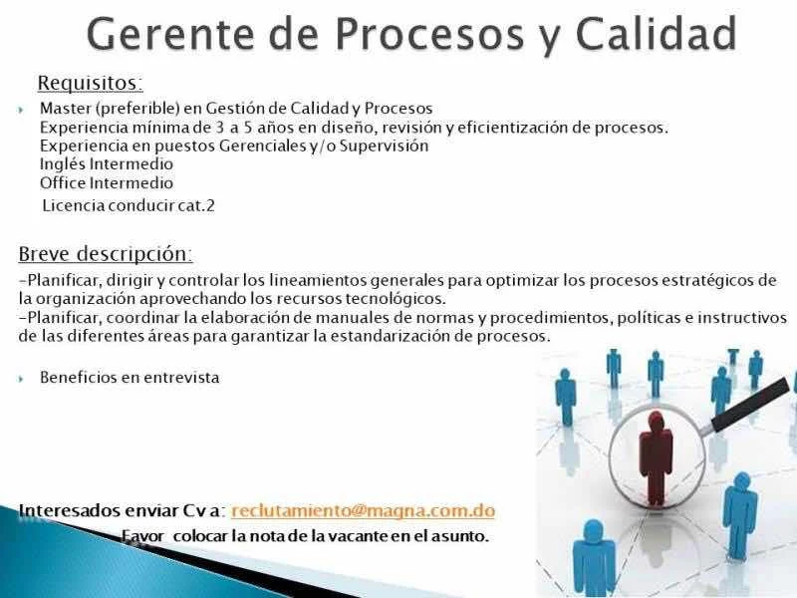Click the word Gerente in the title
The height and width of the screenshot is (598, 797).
[169, 34]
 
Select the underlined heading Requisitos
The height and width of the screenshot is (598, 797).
[91, 83]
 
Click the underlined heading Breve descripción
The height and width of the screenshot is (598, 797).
[106, 254]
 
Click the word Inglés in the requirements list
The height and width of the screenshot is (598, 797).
[63, 164]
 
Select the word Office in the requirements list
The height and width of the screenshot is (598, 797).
[63, 183]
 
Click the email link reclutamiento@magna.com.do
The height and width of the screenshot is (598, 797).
[363, 510]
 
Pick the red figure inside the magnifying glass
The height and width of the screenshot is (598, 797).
[656, 457]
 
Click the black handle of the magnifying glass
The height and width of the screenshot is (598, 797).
[751, 406]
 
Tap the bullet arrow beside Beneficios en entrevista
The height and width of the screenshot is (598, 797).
[21, 379]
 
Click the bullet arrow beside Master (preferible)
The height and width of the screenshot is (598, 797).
[21, 110]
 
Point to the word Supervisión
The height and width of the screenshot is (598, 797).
[385, 146]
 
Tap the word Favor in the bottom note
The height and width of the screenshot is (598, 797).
[142, 536]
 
